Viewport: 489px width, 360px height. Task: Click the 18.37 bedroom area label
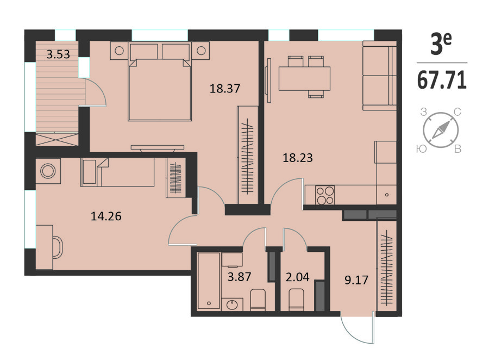point(224,88)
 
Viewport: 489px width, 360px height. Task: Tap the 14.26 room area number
point(106,216)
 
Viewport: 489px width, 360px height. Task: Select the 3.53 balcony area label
point(58,54)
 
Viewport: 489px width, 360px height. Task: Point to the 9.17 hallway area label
point(356,280)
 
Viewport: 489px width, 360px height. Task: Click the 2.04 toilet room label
point(297,277)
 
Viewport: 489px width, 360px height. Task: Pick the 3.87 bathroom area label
point(239,277)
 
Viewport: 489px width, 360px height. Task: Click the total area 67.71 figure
point(442,80)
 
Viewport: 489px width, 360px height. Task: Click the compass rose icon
point(441,130)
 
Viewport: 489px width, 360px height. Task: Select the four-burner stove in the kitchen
point(325,195)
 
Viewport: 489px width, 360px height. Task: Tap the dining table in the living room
point(304,79)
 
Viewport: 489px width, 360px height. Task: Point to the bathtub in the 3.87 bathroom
point(209,281)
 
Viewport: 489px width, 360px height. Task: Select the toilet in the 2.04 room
point(296,300)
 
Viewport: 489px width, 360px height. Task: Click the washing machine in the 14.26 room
point(48,171)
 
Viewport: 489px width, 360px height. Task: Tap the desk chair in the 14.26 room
point(58,247)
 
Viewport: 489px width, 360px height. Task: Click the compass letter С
point(457,112)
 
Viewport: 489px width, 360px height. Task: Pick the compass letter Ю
point(421,149)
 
